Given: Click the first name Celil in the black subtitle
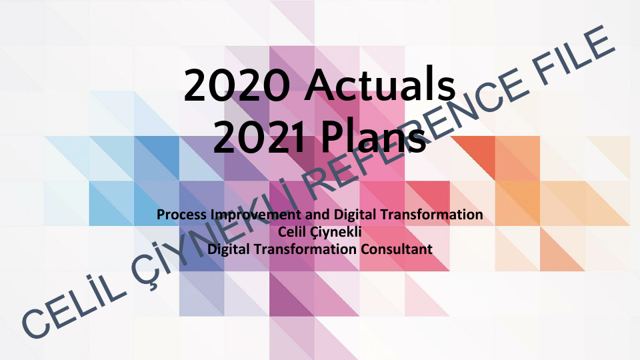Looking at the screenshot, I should [297, 232].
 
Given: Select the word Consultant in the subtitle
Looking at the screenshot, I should [397, 249].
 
